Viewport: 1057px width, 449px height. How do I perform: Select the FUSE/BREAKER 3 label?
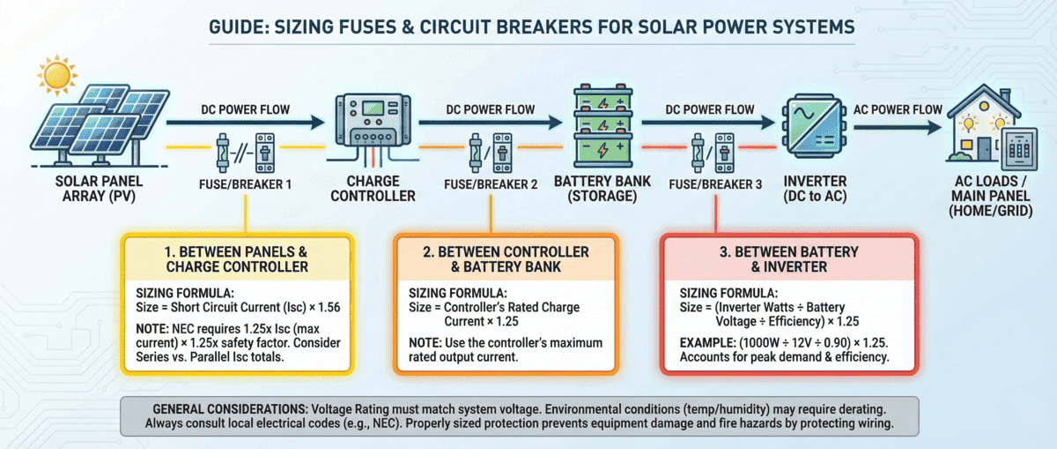tap(714, 185)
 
